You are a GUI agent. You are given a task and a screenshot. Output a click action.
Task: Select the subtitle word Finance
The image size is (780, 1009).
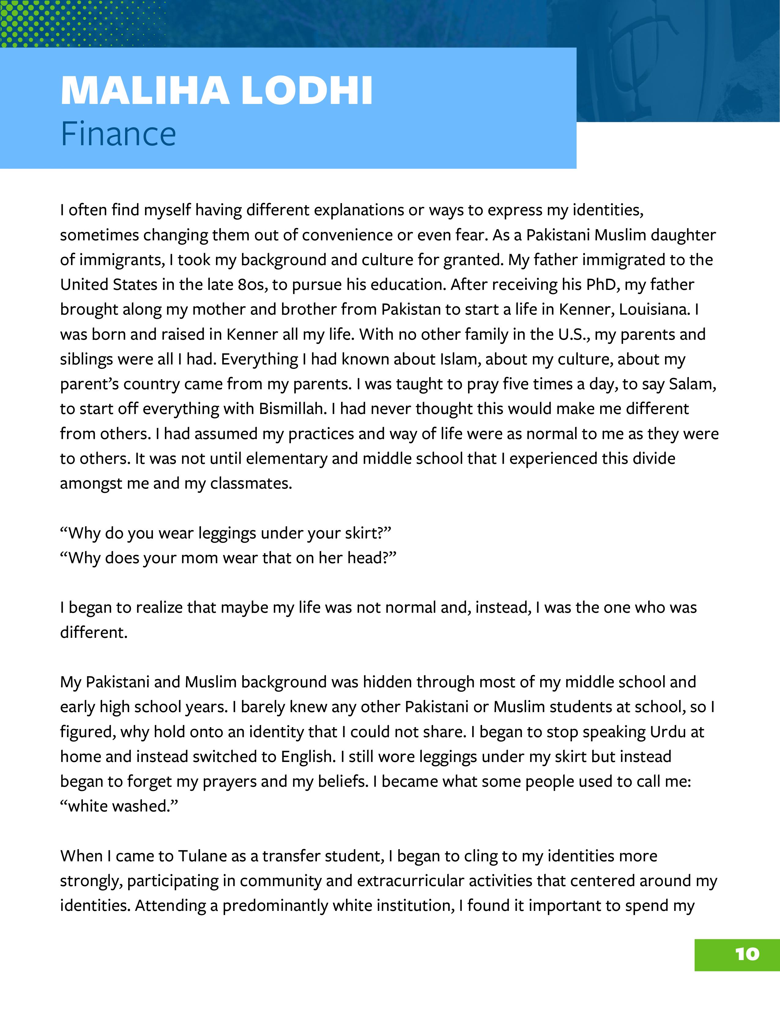point(118,134)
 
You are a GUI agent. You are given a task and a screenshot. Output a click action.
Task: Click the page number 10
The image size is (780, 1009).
point(747,954)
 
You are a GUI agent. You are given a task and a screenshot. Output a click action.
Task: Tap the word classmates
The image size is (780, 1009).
point(251,484)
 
